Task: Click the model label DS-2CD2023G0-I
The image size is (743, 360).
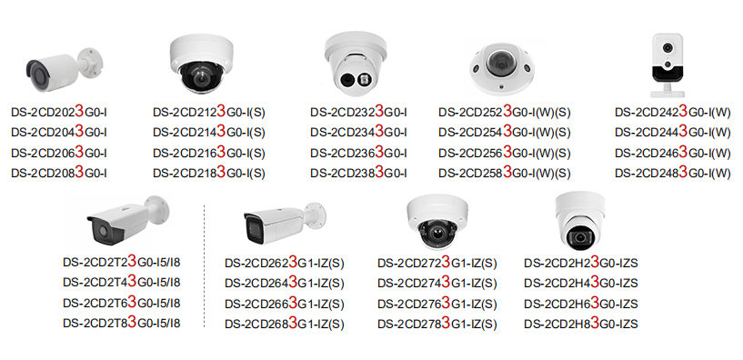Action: click(59, 112)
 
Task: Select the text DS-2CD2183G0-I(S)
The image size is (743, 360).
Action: click(208, 173)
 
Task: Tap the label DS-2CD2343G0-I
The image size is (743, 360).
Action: click(358, 132)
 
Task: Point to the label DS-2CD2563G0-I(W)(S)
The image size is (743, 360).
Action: click(504, 153)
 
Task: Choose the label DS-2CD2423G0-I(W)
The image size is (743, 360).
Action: click(673, 112)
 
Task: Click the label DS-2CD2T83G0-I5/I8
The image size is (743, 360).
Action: click(122, 323)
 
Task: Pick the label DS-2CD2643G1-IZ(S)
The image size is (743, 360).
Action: click(285, 283)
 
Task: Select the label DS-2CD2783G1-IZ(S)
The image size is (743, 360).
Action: click(437, 324)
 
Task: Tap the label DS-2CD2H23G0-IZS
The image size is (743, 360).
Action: click(581, 262)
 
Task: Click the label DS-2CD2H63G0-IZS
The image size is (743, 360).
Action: click(581, 303)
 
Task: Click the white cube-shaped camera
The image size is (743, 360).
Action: click(668, 65)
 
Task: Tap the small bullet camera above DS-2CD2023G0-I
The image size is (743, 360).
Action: click(64, 69)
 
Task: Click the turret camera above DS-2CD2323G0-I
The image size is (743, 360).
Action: click(356, 64)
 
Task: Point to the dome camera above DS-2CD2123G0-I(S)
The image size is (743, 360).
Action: click(201, 64)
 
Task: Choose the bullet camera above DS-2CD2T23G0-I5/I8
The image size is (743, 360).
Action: click(128, 219)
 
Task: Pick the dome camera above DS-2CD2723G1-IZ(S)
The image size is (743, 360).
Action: click(437, 222)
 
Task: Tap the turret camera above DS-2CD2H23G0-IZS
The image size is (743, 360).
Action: click(580, 221)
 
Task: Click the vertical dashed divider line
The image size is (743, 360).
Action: click(205, 265)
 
